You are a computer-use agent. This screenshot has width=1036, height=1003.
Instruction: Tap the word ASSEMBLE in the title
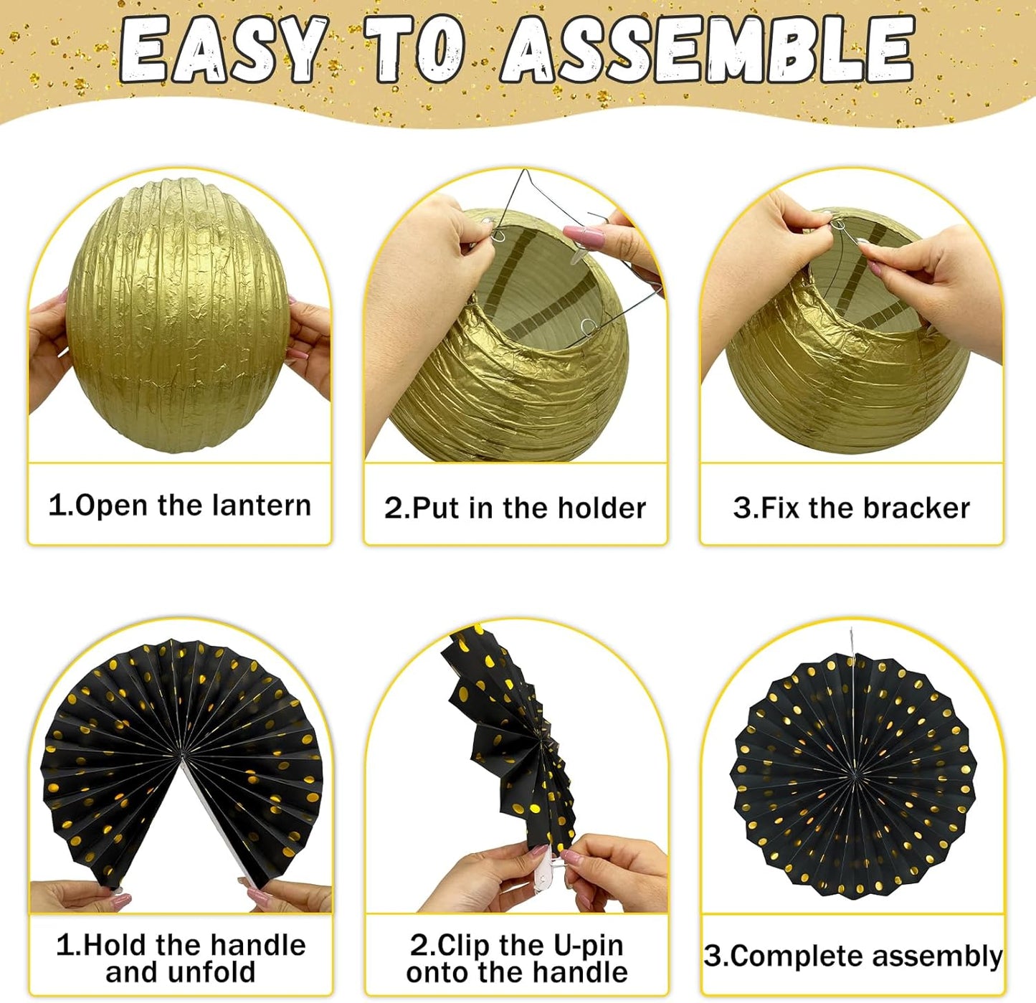pyautogui.click(x=706, y=50)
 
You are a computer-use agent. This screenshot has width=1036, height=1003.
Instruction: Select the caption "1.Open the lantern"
pyautogui.click(x=179, y=505)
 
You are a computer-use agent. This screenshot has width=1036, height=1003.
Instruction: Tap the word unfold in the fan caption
pyautogui.click(x=216, y=973)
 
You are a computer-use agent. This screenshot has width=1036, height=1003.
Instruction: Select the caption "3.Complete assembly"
pyautogui.click(x=852, y=956)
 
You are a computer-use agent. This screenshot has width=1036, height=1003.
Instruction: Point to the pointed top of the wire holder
pyautogui.click(x=526, y=172)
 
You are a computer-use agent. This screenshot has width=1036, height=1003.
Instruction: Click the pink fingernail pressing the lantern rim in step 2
pyautogui.click(x=578, y=235)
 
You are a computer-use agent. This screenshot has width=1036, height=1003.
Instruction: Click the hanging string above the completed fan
pyautogui.click(x=852, y=642)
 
